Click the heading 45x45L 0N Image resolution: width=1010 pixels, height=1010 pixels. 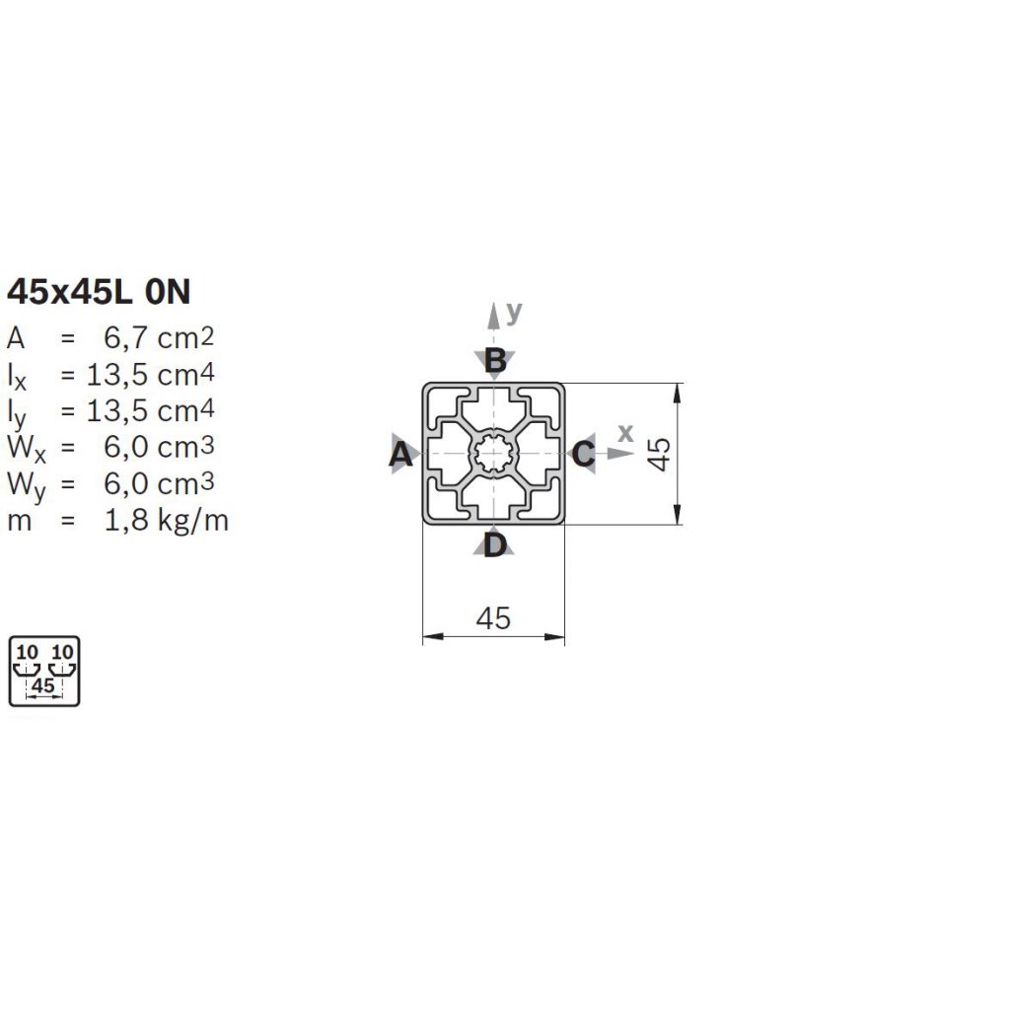tap(99, 292)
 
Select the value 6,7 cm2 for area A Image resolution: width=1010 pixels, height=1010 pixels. tap(159, 337)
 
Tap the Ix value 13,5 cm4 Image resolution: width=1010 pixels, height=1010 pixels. tap(150, 374)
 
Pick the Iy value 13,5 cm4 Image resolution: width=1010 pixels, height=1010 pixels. tap(150, 411)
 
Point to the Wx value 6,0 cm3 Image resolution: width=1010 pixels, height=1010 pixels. tap(159, 447)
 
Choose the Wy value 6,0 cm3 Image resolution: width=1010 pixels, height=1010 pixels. tap(159, 483)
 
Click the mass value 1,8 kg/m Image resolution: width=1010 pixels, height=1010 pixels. tap(166, 521)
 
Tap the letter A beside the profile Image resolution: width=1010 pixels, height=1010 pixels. tap(400, 454)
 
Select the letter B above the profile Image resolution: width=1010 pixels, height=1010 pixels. tap(495, 360)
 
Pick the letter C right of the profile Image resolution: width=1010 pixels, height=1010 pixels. tap(583, 454)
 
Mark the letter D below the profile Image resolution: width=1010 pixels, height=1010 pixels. tap(495, 545)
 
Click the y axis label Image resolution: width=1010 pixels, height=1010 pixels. tap(513, 313)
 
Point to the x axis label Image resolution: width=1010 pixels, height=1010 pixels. tap(625, 433)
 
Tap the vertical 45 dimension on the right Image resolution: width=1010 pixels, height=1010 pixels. tap(659, 454)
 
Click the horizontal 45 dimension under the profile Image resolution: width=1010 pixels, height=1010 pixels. tap(493, 618)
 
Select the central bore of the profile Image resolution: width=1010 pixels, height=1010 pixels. tap(493, 454)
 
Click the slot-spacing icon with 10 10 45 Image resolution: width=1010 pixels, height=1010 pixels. tap(43, 671)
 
